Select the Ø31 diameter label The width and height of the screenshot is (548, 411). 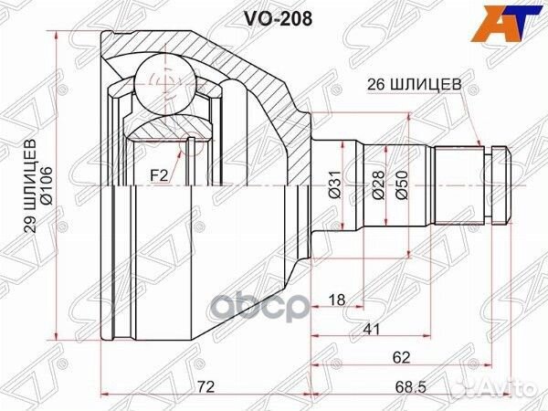pyautogui.click(x=333, y=187)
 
